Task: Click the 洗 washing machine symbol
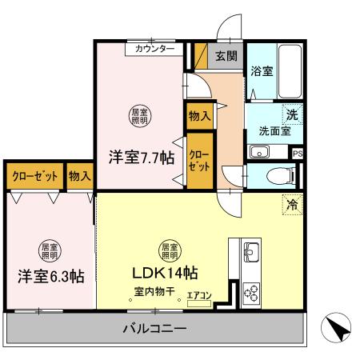pos(293,115)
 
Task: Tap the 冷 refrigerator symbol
pos(293,205)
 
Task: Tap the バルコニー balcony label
pos(155,328)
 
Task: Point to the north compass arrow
pos(336,327)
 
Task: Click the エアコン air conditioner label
pos(199,296)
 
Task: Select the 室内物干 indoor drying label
pos(156,292)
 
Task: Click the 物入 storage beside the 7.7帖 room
pos(199,115)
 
